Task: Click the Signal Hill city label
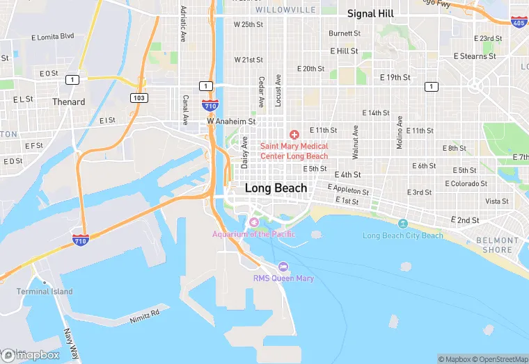tap(370, 14)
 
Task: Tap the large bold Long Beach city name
tap(276, 188)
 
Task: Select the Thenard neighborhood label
tap(68, 102)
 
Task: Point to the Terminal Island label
tap(45, 292)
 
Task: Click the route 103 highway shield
tap(140, 98)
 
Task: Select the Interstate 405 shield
tap(518, 22)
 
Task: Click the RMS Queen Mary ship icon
tap(283, 267)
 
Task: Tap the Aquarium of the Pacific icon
tap(253, 222)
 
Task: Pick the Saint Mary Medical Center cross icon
tap(294, 133)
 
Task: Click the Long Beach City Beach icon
tap(403, 224)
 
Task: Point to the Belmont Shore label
tap(497, 245)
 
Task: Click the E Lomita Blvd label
tap(53, 36)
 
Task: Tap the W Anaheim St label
tap(232, 121)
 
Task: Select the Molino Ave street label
tap(400, 131)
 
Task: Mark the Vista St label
tap(497, 201)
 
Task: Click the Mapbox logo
tap(31, 355)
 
